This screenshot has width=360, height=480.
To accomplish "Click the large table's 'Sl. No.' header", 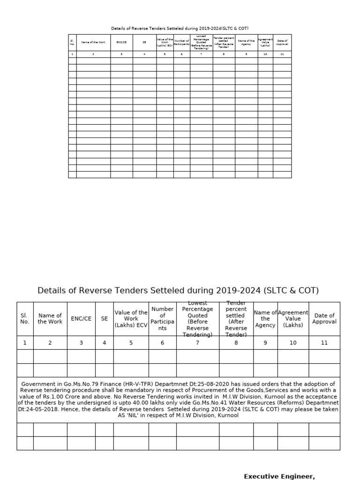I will pos(25,319).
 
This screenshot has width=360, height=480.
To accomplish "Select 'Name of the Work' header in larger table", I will pos(50,319).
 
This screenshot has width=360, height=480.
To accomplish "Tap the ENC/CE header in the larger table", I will pos(81,319).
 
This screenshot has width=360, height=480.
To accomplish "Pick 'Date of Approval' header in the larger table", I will pos(324,319).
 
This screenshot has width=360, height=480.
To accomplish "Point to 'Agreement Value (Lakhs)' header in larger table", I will pos(293,319).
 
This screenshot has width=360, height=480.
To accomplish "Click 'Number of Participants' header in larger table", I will pos(162,319).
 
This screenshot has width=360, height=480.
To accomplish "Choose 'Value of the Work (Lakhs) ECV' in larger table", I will pos(131,319).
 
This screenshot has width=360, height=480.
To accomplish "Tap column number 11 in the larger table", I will pos(324,343).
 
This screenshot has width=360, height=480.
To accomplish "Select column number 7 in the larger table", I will pos(197,343).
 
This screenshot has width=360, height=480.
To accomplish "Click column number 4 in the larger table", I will pos(104,343).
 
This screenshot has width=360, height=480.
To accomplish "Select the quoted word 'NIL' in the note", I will pos(134,415).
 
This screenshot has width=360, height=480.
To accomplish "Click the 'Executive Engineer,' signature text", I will pos(279,476).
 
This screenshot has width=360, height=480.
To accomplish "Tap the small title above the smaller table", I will pos(180,29).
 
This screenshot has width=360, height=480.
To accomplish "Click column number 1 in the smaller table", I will pos(72,54).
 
